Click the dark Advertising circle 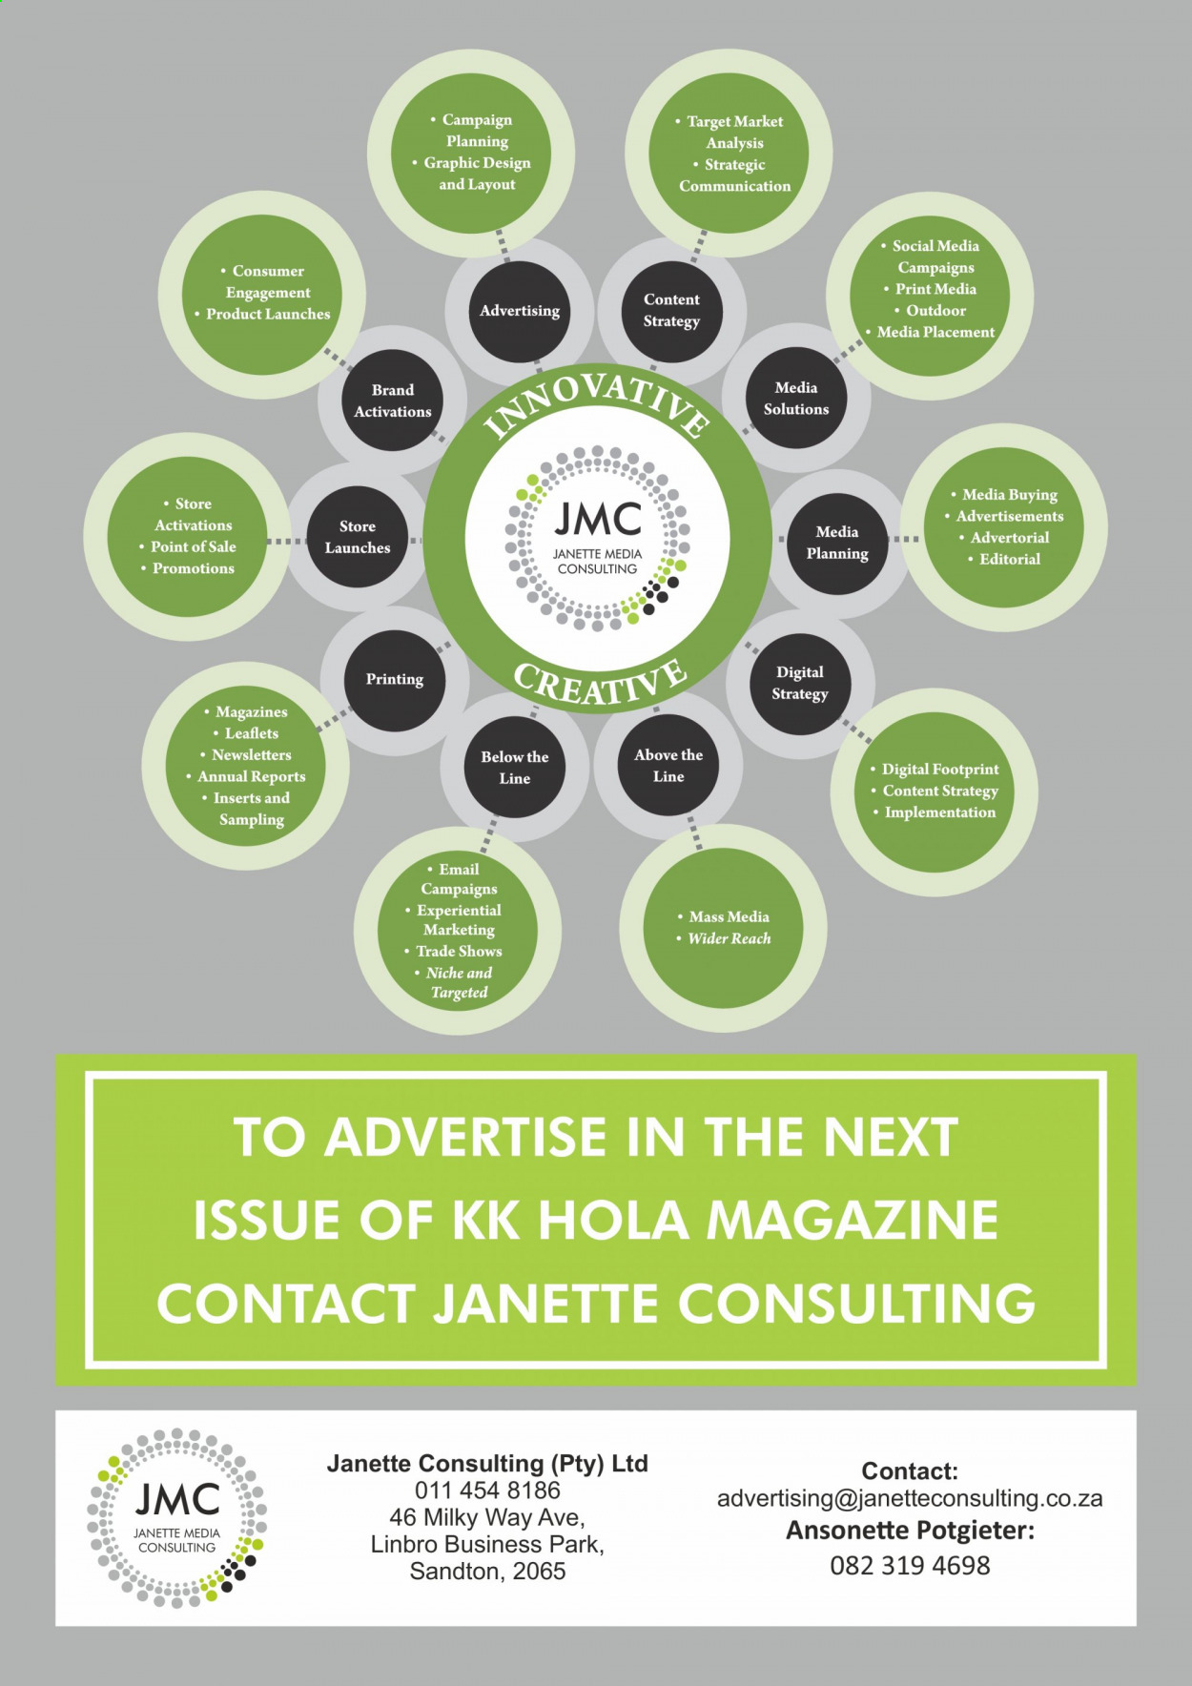(520, 311)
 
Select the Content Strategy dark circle (671, 311)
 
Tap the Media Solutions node (796, 399)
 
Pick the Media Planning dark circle (837, 543)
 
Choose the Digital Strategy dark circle (800, 683)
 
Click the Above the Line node (668, 766)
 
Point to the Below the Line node (515, 768)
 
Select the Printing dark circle (395, 680)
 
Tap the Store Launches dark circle (358, 538)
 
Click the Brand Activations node (393, 401)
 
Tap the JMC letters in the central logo (598, 521)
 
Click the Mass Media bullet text (730, 916)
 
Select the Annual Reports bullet (252, 776)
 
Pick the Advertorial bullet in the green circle (1010, 538)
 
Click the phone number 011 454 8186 (487, 1491)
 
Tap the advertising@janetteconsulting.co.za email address (910, 1499)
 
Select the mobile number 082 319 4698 (910, 1566)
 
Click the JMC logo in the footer (176, 1518)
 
